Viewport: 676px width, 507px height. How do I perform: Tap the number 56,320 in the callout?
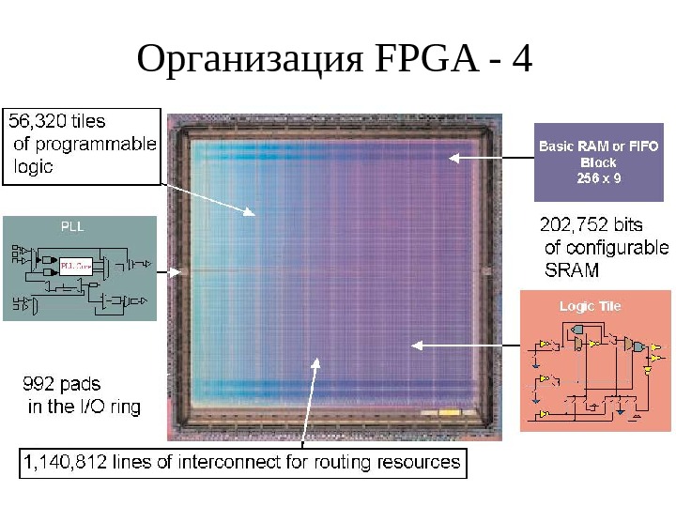38,122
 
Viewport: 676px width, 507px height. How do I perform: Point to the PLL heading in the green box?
72,226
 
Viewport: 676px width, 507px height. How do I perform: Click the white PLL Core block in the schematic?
75,266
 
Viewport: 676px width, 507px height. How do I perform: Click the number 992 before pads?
40,384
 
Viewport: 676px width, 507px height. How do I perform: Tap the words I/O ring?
111,407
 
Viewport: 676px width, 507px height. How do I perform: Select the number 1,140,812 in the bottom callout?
65,462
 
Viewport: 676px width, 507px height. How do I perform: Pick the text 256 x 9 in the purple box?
598,177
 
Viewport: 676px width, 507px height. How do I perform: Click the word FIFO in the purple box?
643,146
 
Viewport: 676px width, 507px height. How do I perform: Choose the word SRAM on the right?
572,271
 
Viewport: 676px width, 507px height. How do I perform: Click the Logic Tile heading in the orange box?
590,306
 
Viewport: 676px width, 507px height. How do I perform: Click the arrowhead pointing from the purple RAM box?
452,158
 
